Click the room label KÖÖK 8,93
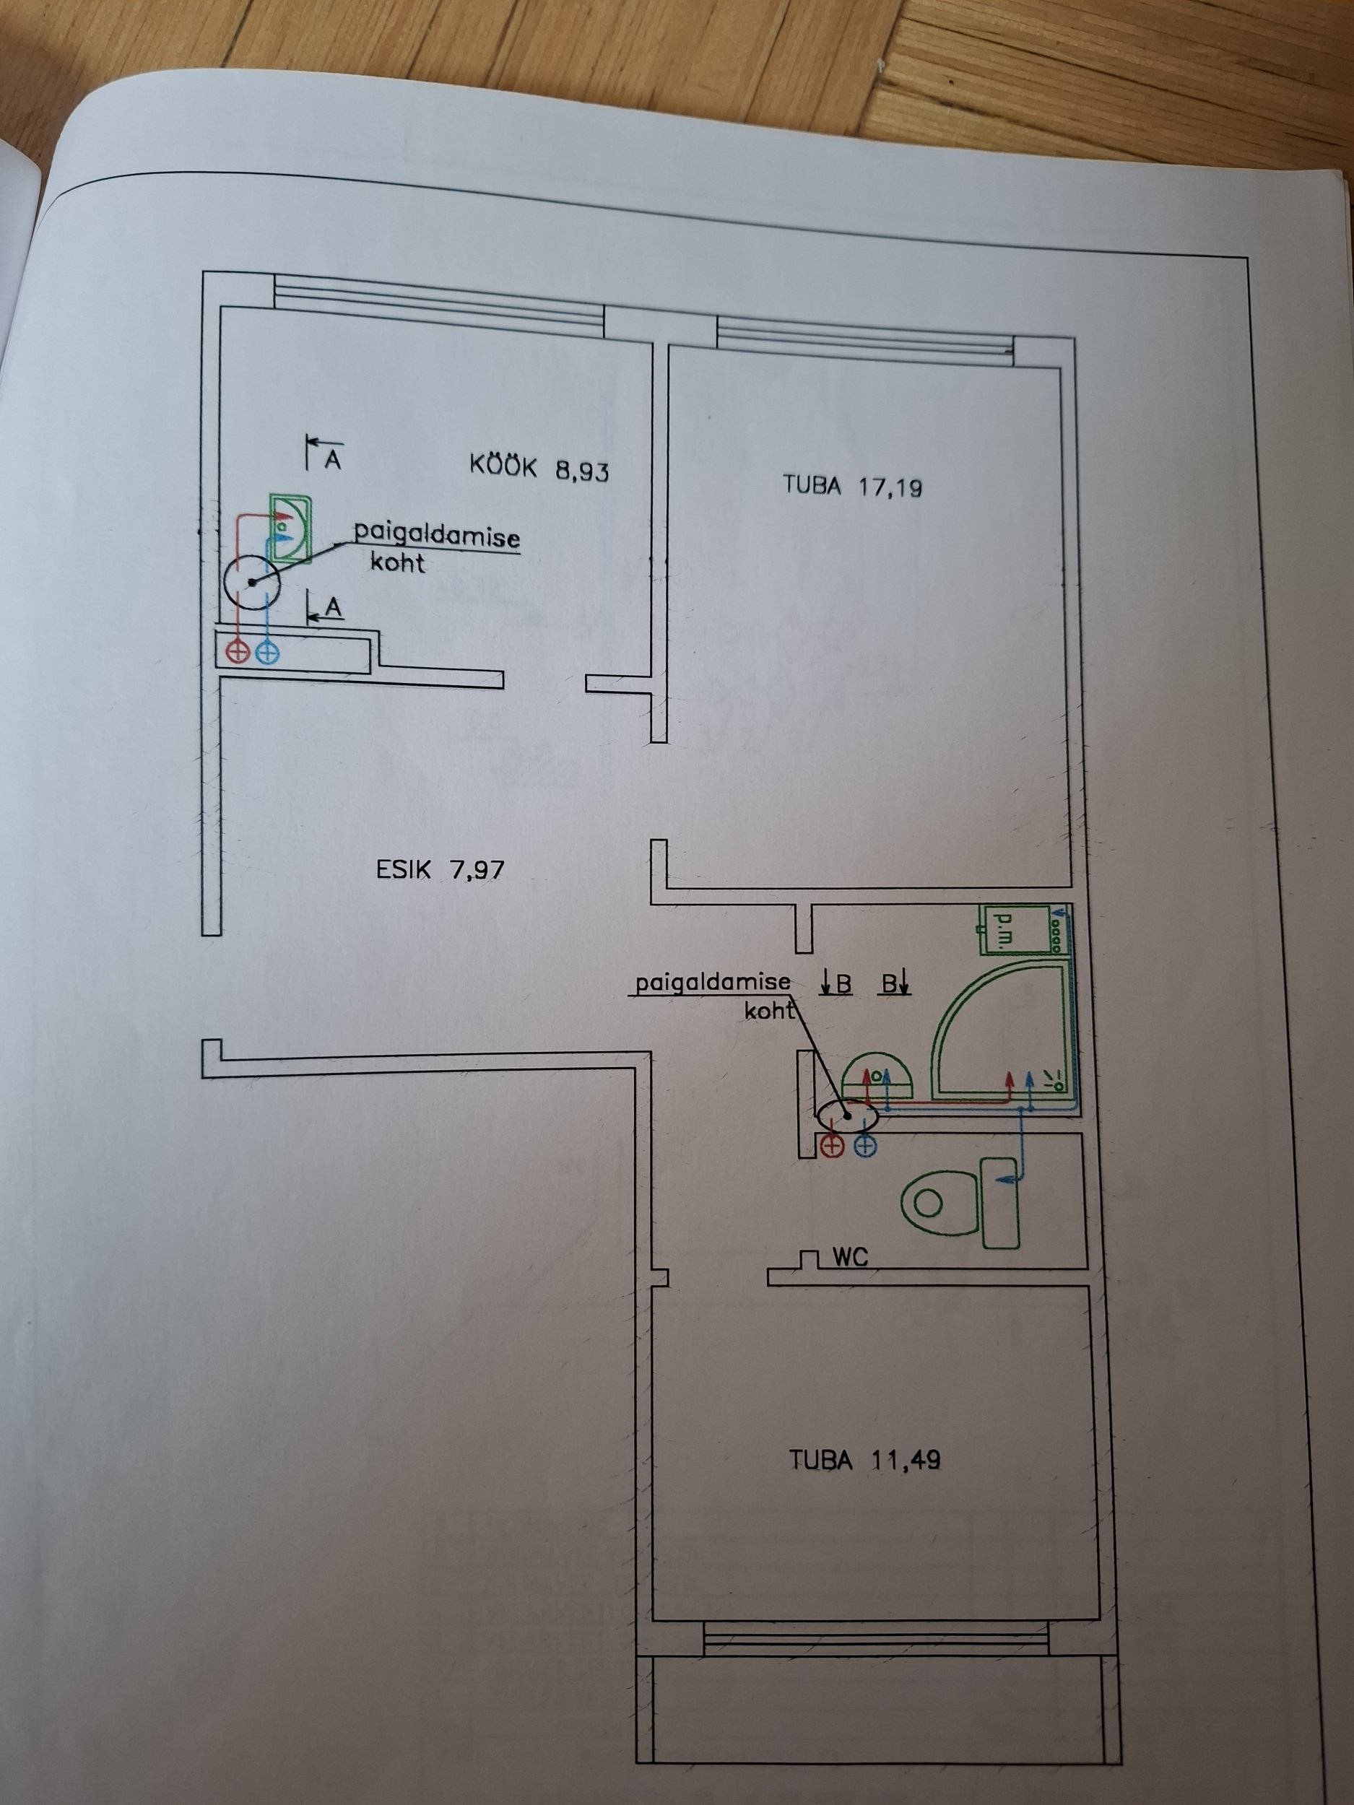click(539, 469)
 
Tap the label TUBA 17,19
click(852, 487)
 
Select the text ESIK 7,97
click(440, 869)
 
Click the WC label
click(850, 1280)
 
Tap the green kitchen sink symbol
click(290, 528)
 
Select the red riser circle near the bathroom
click(832, 1146)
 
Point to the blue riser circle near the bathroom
click(865, 1146)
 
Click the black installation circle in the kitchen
click(251, 582)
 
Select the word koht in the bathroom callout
click(769, 1010)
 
